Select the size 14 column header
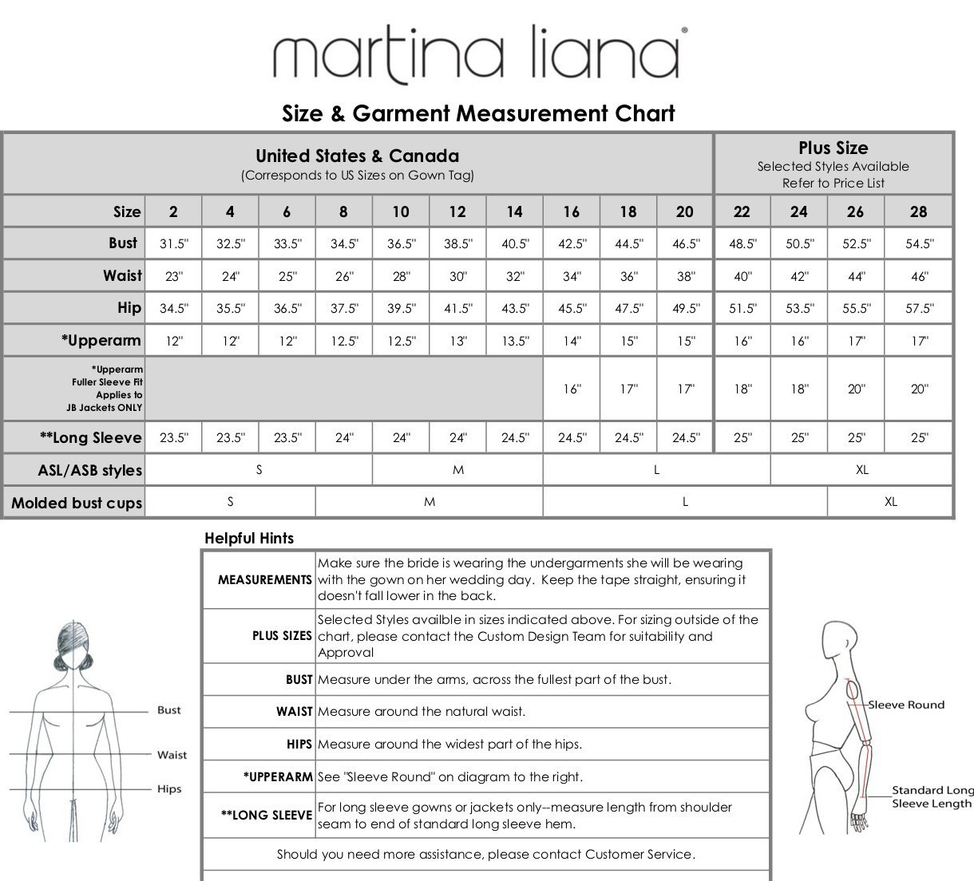click(514, 211)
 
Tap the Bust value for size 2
click(173, 244)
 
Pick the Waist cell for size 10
click(401, 277)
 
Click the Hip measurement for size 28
click(919, 309)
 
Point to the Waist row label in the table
click(122, 276)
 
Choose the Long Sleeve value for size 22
click(742, 438)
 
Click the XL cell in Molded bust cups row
click(890, 502)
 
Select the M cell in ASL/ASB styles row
click(457, 470)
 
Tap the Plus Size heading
click(833, 148)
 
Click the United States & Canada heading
click(357, 156)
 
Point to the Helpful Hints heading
click(249, 539)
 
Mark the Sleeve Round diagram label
click(905, 705)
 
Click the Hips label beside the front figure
click(169, 789)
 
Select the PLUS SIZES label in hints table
click(282, 636)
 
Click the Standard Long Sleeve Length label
click(932, 797)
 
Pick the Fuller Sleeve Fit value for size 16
click(572, 389)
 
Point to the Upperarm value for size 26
click(856, 342)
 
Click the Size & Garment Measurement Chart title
click(478, 113)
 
